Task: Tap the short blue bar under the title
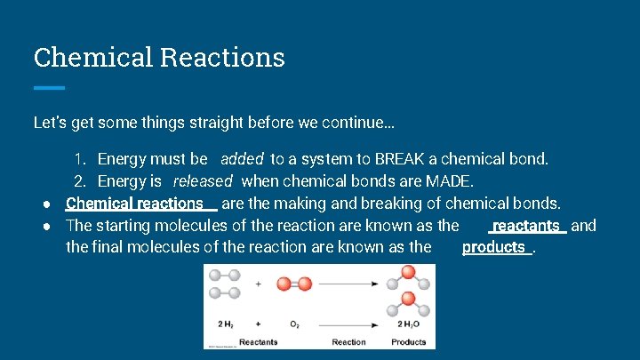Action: [x=49, y=87]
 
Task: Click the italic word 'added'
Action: [x=242, y=160]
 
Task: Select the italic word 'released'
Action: [x=202, y=181]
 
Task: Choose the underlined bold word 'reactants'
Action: [x=526, y=226]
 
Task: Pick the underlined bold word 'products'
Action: [x=494, y=247]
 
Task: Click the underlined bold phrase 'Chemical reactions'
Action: [x=135, y=204]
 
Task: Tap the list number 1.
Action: [x=79, y=160]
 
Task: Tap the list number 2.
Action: [x=79, y=181]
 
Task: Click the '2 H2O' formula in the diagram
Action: [x=407, y=324]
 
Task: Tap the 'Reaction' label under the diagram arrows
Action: [x=348, y=341]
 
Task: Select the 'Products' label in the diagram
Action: [x=408, y=341]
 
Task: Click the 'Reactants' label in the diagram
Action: [x=258, y=341]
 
